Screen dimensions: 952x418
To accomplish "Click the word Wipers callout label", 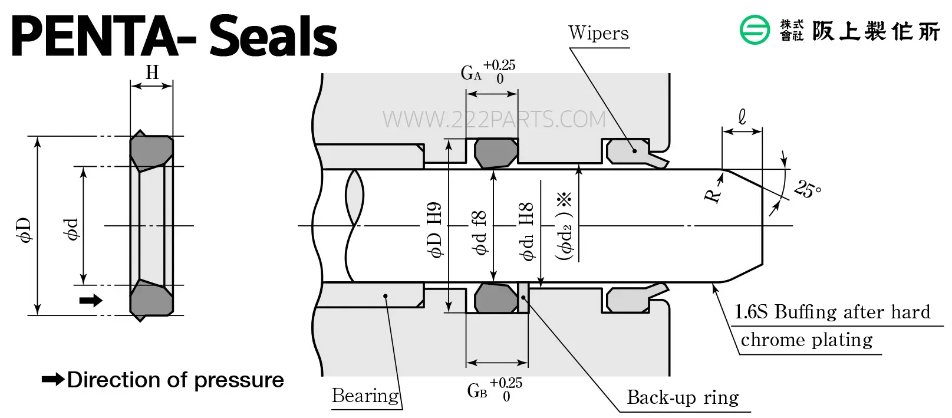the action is [598, 33].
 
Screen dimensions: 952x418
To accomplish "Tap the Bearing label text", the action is [365, 396].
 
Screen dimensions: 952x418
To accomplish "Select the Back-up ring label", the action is [683, 397].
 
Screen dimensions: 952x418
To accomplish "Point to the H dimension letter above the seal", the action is [152, 73].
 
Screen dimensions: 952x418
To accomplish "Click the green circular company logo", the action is [755, 29].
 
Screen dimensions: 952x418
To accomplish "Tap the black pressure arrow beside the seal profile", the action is [91, 300].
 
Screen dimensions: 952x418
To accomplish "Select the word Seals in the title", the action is [274, 36].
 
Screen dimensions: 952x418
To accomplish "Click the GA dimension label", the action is [488, 72].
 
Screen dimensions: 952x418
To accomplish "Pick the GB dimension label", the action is [495, 390].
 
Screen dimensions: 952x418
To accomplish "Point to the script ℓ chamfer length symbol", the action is [742, 117].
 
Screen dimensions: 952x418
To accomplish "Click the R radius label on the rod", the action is [712, 196].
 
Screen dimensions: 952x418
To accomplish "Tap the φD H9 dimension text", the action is [434, 230].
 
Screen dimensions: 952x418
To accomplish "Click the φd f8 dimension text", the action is [479, 233].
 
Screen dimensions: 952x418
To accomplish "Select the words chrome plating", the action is [806, 340].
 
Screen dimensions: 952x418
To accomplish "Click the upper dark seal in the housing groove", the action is [496, 153].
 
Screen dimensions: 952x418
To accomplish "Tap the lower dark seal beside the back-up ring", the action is [496, 298].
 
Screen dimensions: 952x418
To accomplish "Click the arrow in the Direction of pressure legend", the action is [53, 379].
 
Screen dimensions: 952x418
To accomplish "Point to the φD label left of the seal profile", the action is [25, 230].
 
